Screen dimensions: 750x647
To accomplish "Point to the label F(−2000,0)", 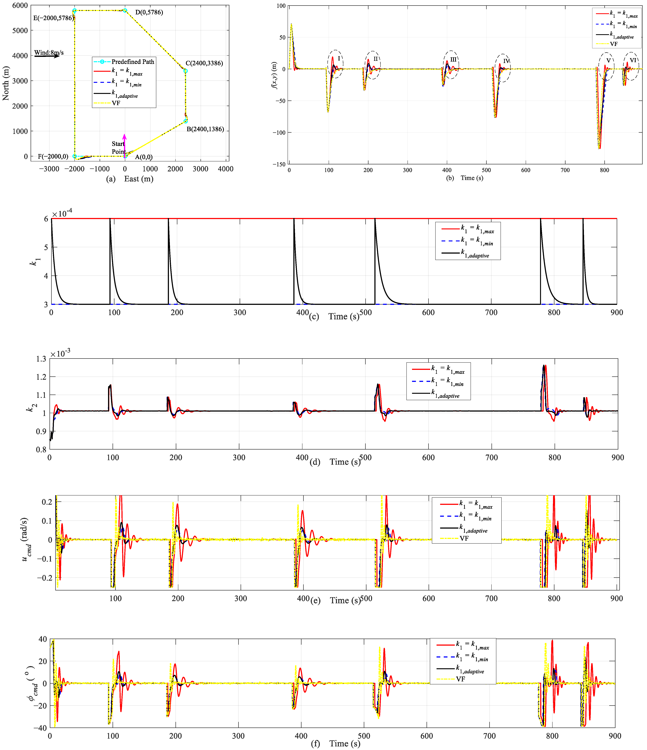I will point(53,156).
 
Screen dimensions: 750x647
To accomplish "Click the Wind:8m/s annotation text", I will point(49,52).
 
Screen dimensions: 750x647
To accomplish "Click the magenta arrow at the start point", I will point(124,145).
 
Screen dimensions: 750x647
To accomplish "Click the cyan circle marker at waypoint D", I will point(125,10).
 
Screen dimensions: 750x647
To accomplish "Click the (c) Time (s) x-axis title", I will point(334,316).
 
